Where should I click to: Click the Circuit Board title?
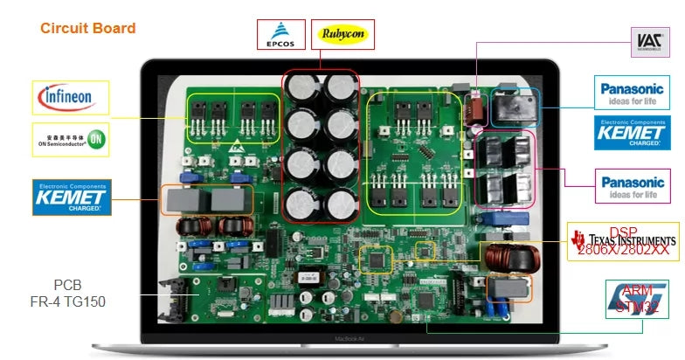click(x=87, y=29)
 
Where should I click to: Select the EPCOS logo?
click(x=281, y=35)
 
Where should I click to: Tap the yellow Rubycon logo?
click(x=342, y=35)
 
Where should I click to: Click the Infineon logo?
click(x=71, y=97)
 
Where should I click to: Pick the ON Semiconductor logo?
click(x=71, y=139)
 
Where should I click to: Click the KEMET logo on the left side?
click(x=72, y=197)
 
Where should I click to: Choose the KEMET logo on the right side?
click(x=634, y=132)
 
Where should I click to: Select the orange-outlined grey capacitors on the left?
click(x=204, y=201)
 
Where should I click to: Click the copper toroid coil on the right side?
click(x=506, y=258)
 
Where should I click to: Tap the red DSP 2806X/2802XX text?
click(x=623, y=241)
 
